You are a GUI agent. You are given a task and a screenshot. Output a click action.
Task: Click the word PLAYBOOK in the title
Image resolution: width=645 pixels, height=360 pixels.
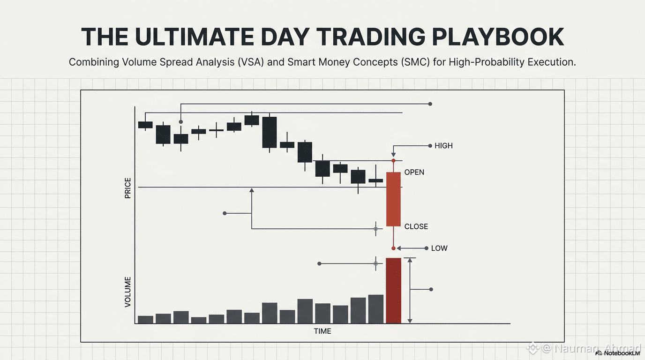point(498,37)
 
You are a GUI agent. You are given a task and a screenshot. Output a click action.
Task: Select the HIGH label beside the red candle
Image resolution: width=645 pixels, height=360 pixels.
point(443,146)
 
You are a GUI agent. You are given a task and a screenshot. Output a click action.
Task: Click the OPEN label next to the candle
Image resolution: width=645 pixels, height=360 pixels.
point(414,172)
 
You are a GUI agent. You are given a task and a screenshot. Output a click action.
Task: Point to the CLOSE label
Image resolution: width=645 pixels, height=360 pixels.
point(416,227)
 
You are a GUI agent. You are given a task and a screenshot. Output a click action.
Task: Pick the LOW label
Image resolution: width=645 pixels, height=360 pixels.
point(439,248)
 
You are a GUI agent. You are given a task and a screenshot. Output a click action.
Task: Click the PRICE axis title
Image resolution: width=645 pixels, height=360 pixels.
point(127,188)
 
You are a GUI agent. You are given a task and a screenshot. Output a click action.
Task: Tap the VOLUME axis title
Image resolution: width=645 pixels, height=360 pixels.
point(127,292)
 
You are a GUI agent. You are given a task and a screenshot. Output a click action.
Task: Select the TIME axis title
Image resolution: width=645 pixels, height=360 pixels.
point(322,331)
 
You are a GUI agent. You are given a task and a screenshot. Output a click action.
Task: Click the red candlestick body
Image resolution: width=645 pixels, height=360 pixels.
point(393,199)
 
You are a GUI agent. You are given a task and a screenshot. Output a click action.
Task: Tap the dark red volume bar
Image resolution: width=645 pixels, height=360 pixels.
point(393,291)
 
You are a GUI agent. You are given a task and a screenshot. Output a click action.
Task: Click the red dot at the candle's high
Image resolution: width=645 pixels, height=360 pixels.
point(393,160)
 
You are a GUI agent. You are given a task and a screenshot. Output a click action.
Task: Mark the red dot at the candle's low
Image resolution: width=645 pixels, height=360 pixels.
point(393,248)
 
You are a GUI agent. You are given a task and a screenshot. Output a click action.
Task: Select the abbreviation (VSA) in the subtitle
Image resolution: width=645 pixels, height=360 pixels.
point(251,62)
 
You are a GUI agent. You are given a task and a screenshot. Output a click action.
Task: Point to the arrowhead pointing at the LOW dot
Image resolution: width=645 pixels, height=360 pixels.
point(399,248)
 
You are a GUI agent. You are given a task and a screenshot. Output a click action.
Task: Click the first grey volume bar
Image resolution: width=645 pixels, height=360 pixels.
point(145,320)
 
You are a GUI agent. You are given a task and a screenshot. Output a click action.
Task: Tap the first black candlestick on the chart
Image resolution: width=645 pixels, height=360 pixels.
point(145,125)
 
